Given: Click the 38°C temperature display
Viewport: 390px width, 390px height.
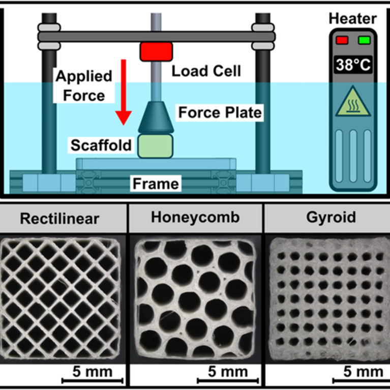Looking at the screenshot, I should [x=352, y=65].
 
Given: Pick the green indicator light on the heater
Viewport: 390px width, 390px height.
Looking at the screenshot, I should [x=364, y=40].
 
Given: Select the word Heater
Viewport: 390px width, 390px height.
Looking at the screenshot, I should [x=352, y=19].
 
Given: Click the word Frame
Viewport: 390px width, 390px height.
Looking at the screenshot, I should [x=156, y=183].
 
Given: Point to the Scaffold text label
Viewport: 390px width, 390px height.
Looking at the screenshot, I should [x=101, y=145].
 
